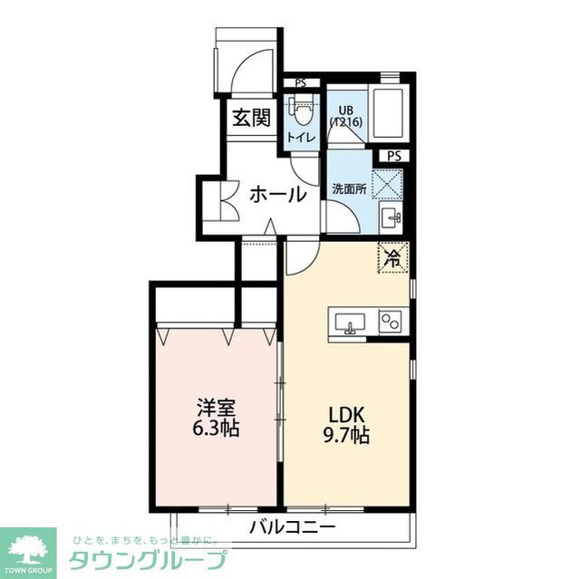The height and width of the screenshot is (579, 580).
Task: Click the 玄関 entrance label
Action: click(x=250, y=118)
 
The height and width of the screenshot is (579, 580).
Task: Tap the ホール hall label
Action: click(x=276, y=193)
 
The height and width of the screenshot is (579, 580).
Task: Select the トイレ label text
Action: click(x=301, y=137)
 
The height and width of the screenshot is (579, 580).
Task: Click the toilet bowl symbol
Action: click(x=303, y=112)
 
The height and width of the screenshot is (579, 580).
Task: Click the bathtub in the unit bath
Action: click(x=391, y=115)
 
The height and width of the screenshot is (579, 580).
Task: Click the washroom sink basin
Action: click(x=391, y=217)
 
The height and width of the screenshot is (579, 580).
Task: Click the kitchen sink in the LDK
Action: click(x=351, y=322)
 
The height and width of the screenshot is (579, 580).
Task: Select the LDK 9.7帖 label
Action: click(x=348, y=425)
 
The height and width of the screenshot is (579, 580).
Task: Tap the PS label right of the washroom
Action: click(x=393, y=156)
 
